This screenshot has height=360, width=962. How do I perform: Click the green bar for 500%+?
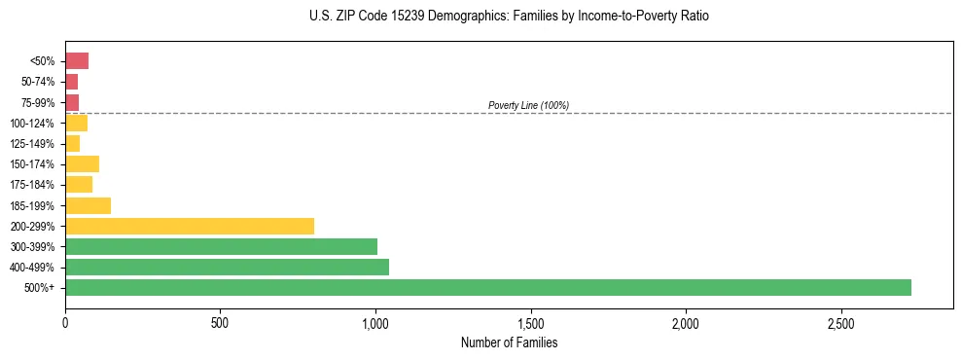point(487,287)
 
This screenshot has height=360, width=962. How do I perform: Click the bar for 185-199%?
point(88,205)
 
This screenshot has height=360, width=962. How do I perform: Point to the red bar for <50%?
point(77,61)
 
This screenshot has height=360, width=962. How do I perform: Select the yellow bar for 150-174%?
point(82,163)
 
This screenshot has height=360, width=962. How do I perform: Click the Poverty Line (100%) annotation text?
point(528,105)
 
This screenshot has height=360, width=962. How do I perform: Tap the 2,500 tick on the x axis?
point(840,322)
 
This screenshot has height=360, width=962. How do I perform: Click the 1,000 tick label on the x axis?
point(375,322)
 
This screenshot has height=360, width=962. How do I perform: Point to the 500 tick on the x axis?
point(220,322)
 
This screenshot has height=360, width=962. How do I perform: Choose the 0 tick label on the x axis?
point(65,322)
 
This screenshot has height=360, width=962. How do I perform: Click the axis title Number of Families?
point(509,342)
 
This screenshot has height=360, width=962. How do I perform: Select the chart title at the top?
point(509,17)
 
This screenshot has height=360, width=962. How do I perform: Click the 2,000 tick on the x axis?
point(686,322)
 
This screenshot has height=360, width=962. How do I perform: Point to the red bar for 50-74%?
point(71,82)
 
